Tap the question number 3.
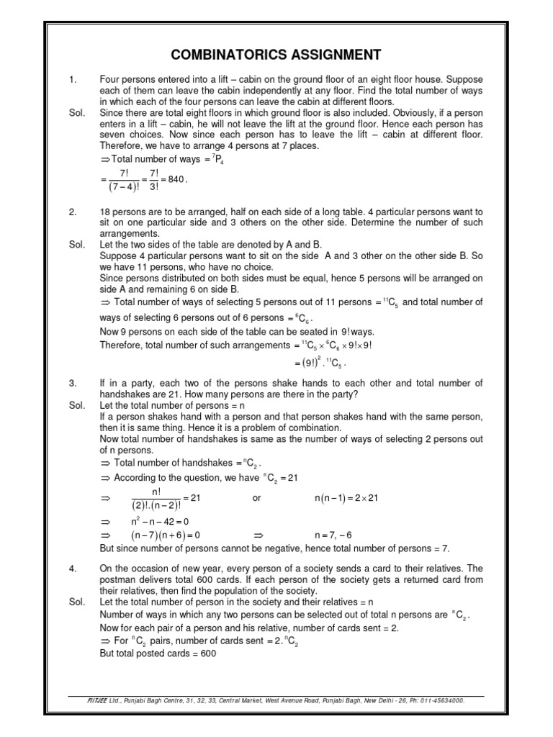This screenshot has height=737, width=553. [72, 384]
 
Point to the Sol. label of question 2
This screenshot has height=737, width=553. [77, 245]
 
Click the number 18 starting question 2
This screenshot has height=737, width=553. [105, 212]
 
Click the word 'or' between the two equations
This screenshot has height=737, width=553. [257, 498]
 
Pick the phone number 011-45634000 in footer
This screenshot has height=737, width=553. [441, 700]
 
